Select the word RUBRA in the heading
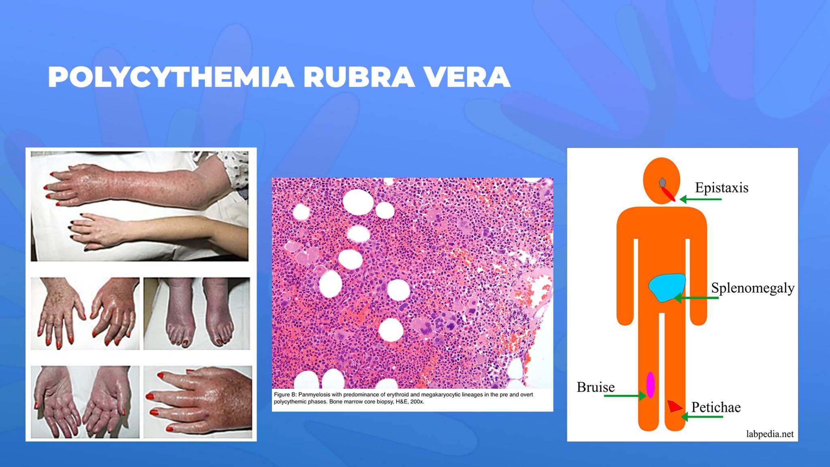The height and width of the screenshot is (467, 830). click(359, 77)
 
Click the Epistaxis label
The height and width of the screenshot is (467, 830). click(721, 188)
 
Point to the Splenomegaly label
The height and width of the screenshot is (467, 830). click(752, 288)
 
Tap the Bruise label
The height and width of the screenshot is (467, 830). click(595, 387)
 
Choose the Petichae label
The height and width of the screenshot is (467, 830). click(716, 407)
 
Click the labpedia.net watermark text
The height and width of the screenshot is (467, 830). click(770, 434)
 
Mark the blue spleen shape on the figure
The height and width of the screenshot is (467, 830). click(666, 287)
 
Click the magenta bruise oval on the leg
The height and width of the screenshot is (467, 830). click(650, 384)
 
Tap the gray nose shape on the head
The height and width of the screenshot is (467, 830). click(662, 182)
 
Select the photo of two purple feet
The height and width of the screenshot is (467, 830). click(197, 313)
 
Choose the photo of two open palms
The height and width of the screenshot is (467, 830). click(85, 402)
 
